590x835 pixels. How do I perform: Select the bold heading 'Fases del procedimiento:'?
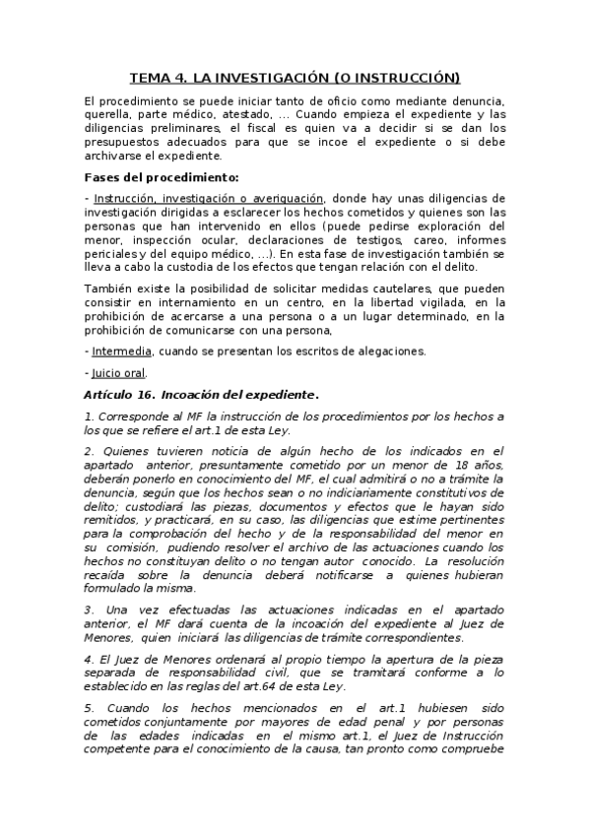[x=162, y=177]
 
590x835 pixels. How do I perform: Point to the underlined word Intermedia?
[x=121, y=352]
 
